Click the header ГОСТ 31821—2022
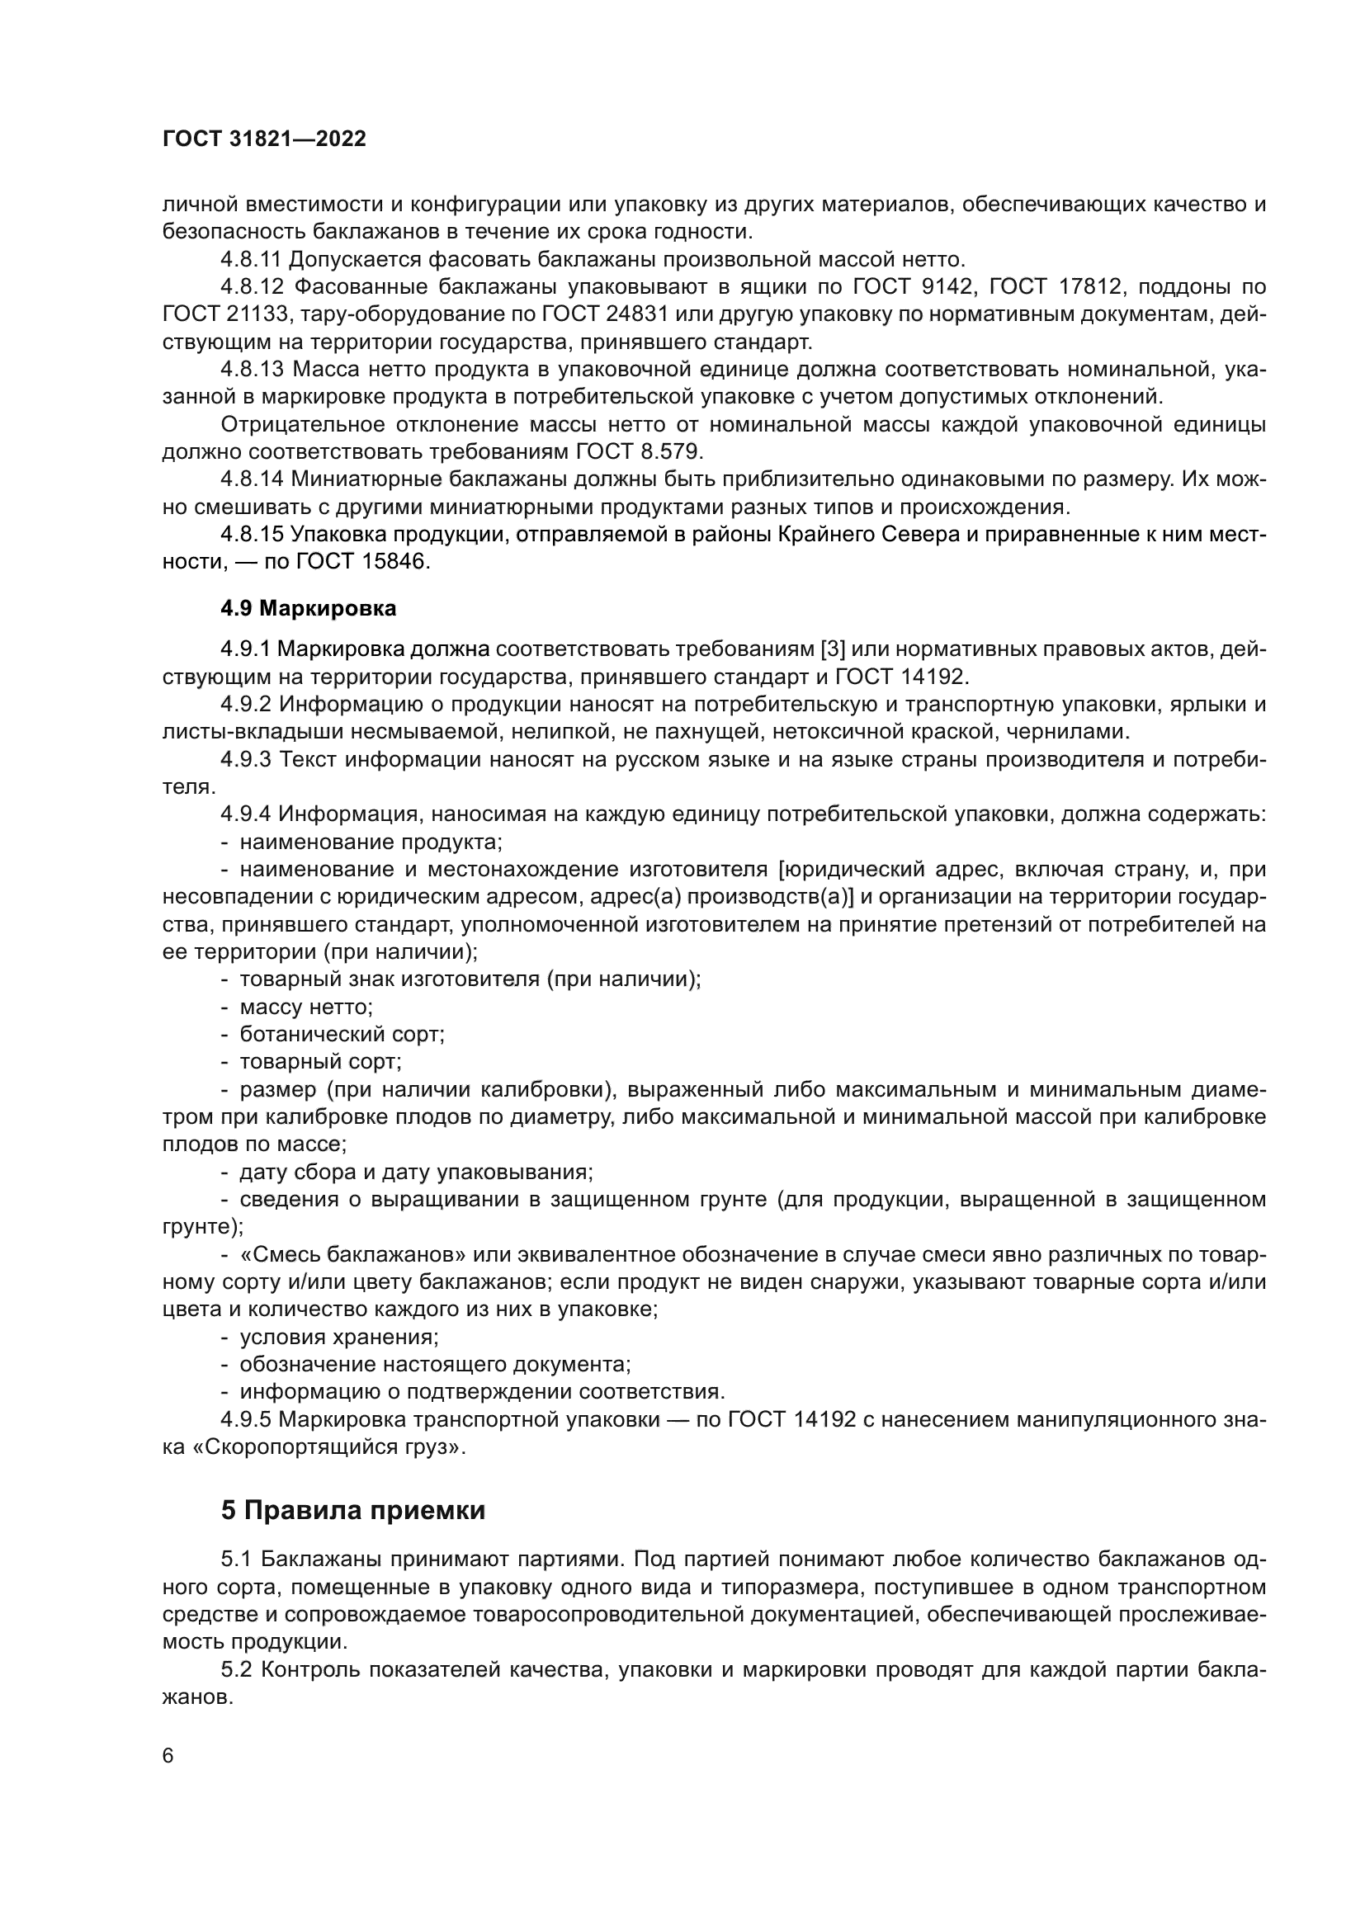coord(264,139)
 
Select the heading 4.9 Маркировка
coord(309,609)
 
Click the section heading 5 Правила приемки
coord(353,1511)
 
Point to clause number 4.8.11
coord(252,260)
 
